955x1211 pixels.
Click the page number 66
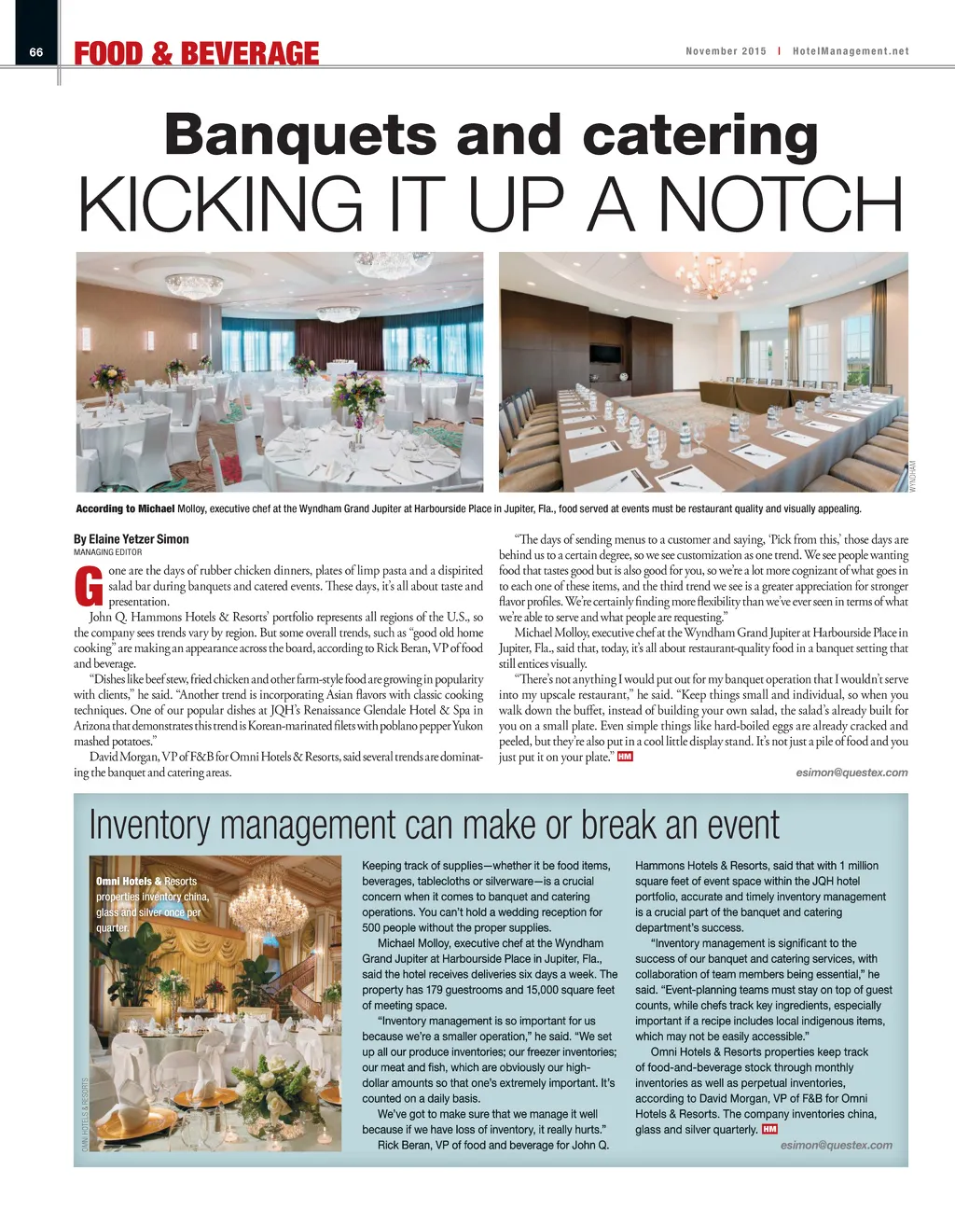point(36,52)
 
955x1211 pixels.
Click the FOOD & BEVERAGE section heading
point(197,54)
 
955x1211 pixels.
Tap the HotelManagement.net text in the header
point(850,51)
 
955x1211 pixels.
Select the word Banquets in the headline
point(299,135)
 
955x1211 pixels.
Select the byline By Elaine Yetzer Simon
point(131,539)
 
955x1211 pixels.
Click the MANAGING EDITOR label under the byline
point(107,552)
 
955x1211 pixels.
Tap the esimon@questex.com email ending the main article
point(851,773)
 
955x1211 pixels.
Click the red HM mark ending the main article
point(625,757)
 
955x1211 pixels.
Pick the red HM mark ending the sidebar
point(769,1129)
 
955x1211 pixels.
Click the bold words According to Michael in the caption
point(125,508)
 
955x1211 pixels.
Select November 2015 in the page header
point(726,51)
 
